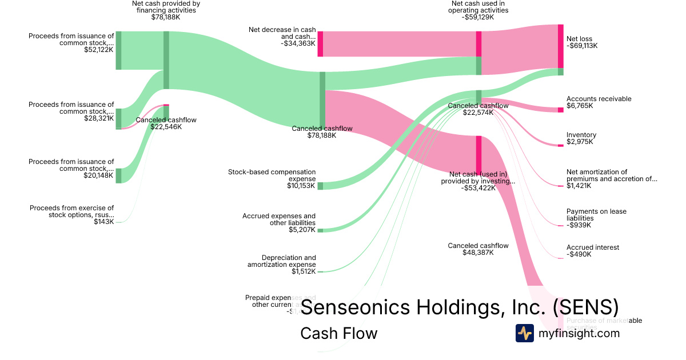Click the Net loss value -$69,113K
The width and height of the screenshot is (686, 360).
pos(582,46)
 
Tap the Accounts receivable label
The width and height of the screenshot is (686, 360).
pos(599,99)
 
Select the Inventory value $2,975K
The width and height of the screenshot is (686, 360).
pos(580,142)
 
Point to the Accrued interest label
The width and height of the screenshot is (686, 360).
pos(592,247)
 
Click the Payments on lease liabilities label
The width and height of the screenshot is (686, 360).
pos(596,215)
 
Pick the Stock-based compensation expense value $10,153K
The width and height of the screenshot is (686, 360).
pos(301,186)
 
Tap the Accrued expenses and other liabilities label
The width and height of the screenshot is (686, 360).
pos(278,219)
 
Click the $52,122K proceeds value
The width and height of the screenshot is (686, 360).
pos(98,50)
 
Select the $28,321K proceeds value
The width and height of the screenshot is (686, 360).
pos(98,118)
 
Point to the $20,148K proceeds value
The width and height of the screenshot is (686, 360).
pos(98,175)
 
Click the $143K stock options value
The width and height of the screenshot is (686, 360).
pos(103,221)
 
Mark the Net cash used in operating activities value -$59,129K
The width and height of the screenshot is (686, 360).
pos(478,17)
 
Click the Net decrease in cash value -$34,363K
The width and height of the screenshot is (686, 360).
pos(298,43)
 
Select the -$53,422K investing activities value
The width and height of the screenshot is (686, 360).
pos(478,188)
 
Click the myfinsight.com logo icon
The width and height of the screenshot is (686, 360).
pos(525,333)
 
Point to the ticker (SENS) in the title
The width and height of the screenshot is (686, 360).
pos(585,307)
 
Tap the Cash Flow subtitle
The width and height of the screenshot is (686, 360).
pos(338,333)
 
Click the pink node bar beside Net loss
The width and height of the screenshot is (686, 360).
pos(561,46)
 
